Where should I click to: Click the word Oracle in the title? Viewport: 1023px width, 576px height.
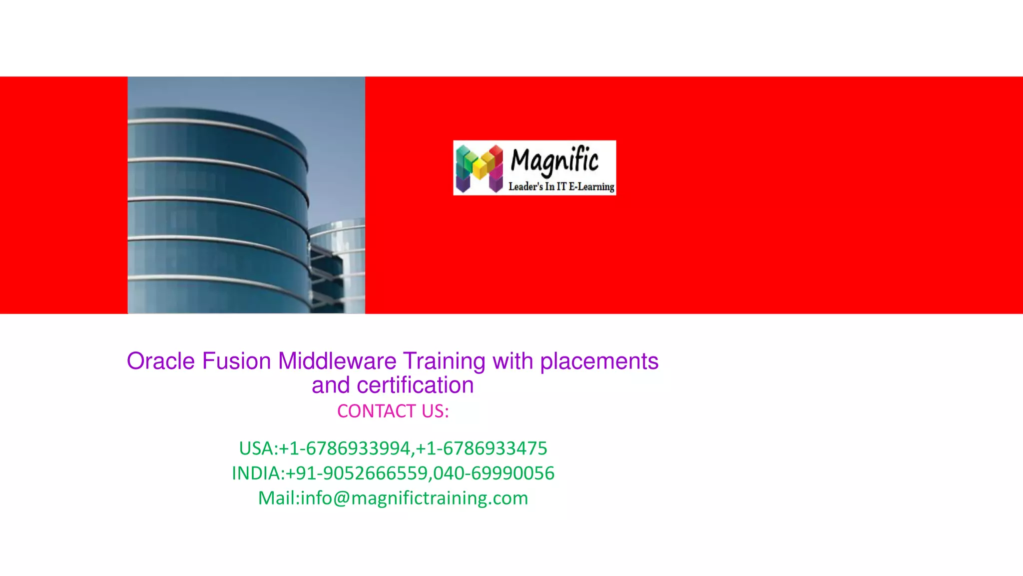160,361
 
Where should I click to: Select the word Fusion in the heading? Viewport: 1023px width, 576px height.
236,361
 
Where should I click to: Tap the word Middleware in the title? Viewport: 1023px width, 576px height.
337,361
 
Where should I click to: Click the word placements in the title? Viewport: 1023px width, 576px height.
599,361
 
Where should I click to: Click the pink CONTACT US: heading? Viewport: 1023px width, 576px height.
393,411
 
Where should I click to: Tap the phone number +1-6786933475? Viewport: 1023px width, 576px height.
482,448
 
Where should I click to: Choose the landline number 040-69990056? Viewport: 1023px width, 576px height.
494,473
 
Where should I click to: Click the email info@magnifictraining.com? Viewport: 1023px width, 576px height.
414,498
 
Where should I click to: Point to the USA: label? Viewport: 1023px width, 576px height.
258,448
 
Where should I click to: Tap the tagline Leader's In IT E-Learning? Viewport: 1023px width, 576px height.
561,186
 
